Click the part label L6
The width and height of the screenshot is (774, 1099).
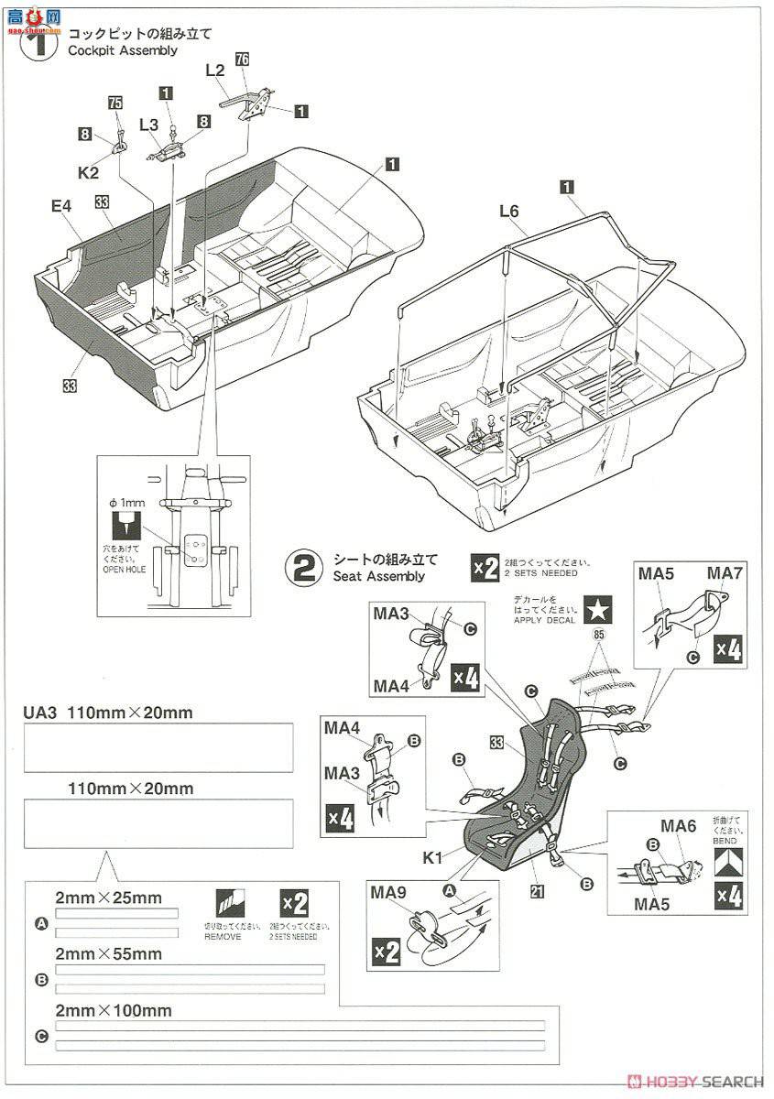509,212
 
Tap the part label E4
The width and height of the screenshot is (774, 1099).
61,207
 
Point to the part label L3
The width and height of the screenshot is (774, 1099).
149,123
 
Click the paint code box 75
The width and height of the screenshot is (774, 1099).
114,103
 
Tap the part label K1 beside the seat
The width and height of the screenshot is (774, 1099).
434,859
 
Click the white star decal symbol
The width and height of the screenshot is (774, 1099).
599,608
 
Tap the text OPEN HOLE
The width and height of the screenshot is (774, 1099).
124,570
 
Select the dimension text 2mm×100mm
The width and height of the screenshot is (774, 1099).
113,1010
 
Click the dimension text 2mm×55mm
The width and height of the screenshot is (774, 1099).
108,953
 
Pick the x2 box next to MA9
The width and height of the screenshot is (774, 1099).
387,952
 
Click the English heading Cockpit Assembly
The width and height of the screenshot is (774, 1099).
123,50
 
